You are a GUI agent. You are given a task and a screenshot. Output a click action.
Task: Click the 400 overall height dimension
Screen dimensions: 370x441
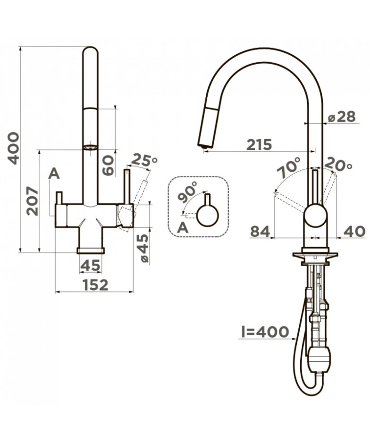[14, 148]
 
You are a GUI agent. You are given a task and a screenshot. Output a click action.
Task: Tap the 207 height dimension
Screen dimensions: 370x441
[33, 201]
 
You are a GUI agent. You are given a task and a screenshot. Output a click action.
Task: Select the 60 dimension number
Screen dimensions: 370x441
[108, 166]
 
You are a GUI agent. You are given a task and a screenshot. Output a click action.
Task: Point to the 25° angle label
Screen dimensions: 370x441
[144, 160]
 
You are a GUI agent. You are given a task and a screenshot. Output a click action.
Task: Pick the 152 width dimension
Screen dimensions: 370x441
[95, 285]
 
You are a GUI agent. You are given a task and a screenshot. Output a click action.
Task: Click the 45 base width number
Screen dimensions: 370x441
[90, 265]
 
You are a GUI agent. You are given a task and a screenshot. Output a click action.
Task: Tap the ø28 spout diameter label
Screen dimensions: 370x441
[342, 116]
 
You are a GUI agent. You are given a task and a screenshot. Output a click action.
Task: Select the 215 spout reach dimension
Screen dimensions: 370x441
[259, 144]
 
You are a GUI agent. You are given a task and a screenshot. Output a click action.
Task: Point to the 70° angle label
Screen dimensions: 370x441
[289, 167]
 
